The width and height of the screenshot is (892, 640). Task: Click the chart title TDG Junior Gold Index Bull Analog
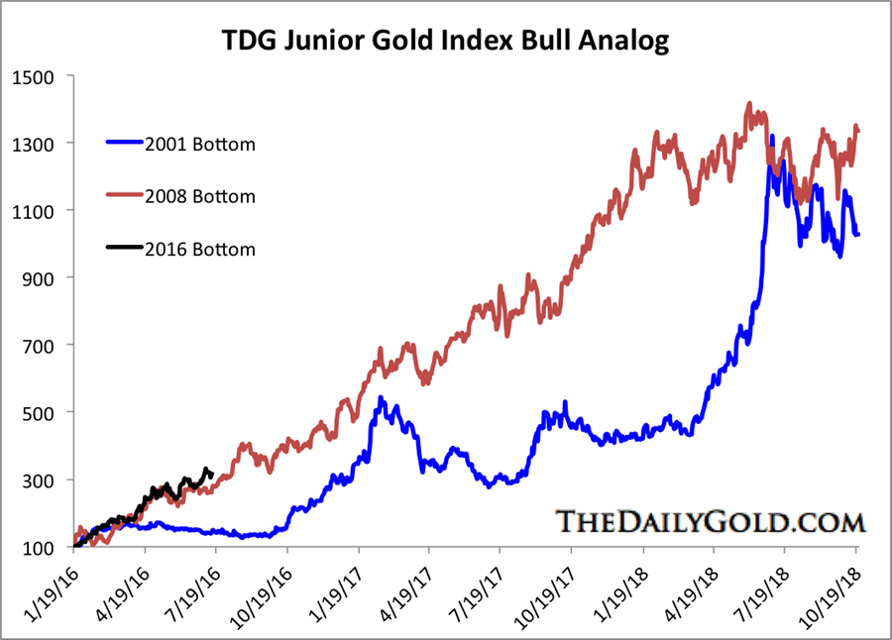[445, 41]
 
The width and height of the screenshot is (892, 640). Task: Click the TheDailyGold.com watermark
[710, 520]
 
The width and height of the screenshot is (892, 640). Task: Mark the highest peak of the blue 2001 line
[772, 137]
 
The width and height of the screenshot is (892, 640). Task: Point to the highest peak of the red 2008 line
[749, 103]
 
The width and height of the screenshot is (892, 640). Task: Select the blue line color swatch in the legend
[125, 145]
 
